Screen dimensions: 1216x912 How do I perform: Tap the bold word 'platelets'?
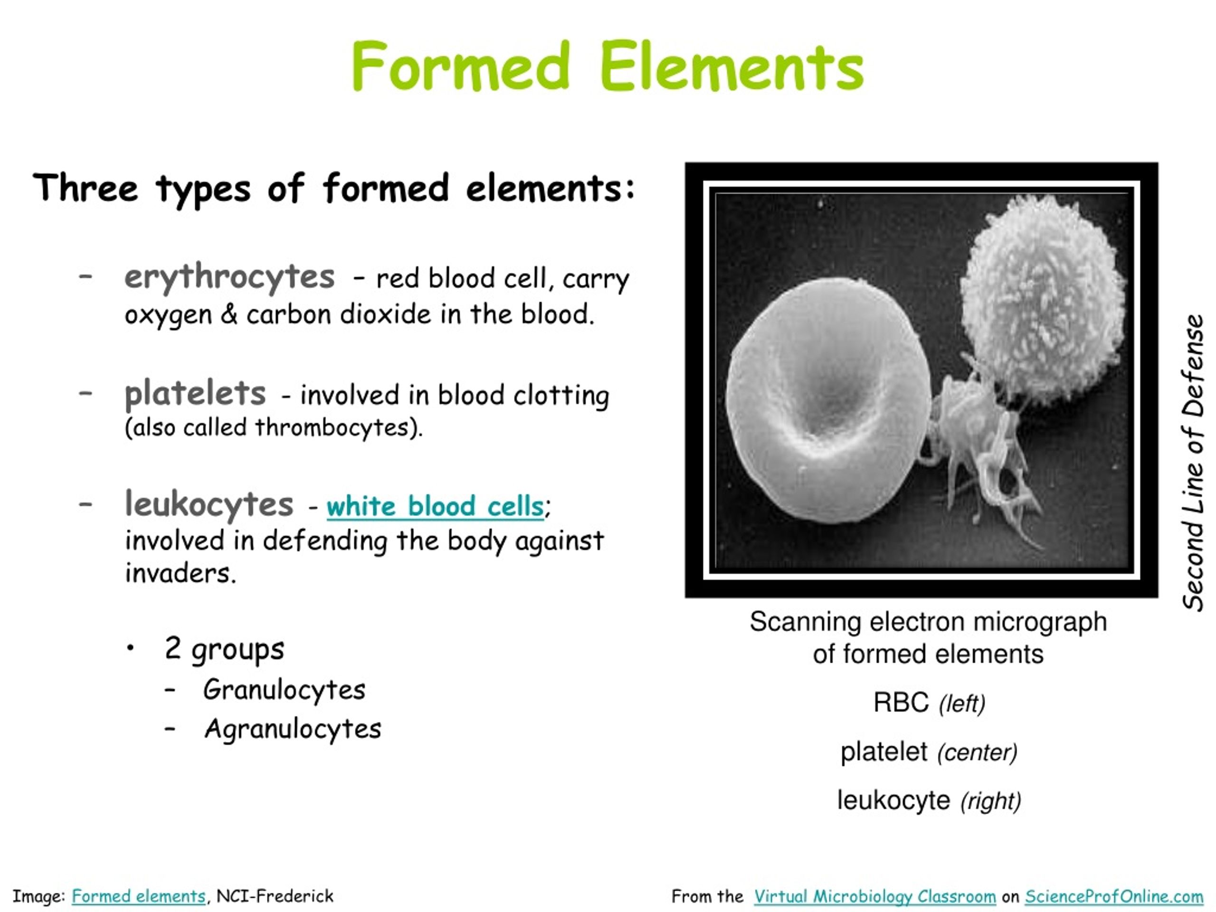click(x=195, y=394)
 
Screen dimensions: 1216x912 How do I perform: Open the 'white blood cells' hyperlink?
click(x=435, y=506)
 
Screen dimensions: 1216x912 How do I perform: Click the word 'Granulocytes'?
click(x=284, y=690)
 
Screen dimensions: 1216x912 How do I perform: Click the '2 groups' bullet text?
click(x=224, y=649)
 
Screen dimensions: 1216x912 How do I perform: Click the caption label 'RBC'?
click(x=901, y=703)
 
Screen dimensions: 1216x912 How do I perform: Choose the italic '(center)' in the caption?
click(x=978, y=752)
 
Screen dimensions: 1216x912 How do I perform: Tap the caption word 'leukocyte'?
click(x=893, y=800)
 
